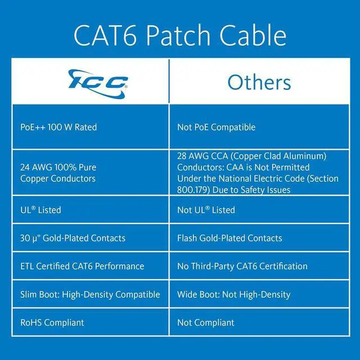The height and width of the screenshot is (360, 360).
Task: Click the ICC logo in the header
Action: [98, 81]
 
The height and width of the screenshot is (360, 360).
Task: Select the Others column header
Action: [259, 82]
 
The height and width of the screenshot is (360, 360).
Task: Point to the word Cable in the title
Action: [253, 35]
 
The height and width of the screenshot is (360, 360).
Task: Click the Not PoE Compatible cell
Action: [216, 127]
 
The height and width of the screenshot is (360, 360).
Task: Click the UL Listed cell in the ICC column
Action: [40, 210]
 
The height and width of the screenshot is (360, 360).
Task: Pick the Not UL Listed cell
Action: [206, 210]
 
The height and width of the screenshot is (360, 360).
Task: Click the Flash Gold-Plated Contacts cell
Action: [229, 238]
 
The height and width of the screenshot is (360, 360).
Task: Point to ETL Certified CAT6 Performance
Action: [82, 266]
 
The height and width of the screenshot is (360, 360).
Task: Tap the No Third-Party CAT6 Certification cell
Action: [242, 266]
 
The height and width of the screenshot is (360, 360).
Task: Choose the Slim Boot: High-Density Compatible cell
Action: [90, 294]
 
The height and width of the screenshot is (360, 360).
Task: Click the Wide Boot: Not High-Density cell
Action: [233, 294]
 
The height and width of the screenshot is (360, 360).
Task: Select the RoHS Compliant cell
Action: [52, 322]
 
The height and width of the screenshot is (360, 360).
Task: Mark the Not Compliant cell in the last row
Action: [206, 322]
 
